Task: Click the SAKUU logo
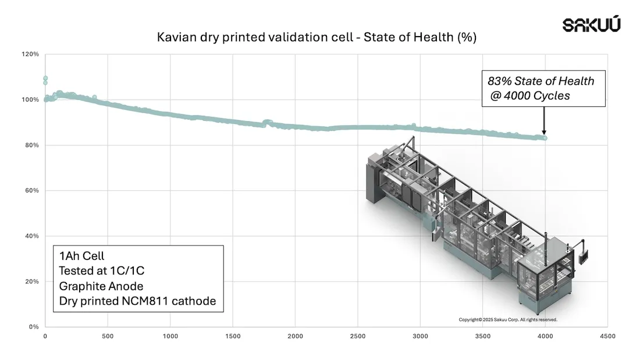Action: (591, 24)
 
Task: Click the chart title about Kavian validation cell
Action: (317, 38)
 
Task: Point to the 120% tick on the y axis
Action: (31, 54)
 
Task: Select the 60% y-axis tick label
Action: (32, 191)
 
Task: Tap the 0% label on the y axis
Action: (34, 327)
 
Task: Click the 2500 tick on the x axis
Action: (357, 336)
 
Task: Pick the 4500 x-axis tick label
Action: (607, 336)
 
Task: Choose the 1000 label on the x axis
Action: (170, 336)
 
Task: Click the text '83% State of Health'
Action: (541, 81)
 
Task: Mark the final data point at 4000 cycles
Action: (545, 138)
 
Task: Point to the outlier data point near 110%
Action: (45, 79)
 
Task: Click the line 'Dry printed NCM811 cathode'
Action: (137, 301)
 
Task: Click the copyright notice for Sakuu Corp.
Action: (508, 319)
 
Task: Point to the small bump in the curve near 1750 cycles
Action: (267, 122)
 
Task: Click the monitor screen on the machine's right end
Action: (584, 256)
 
